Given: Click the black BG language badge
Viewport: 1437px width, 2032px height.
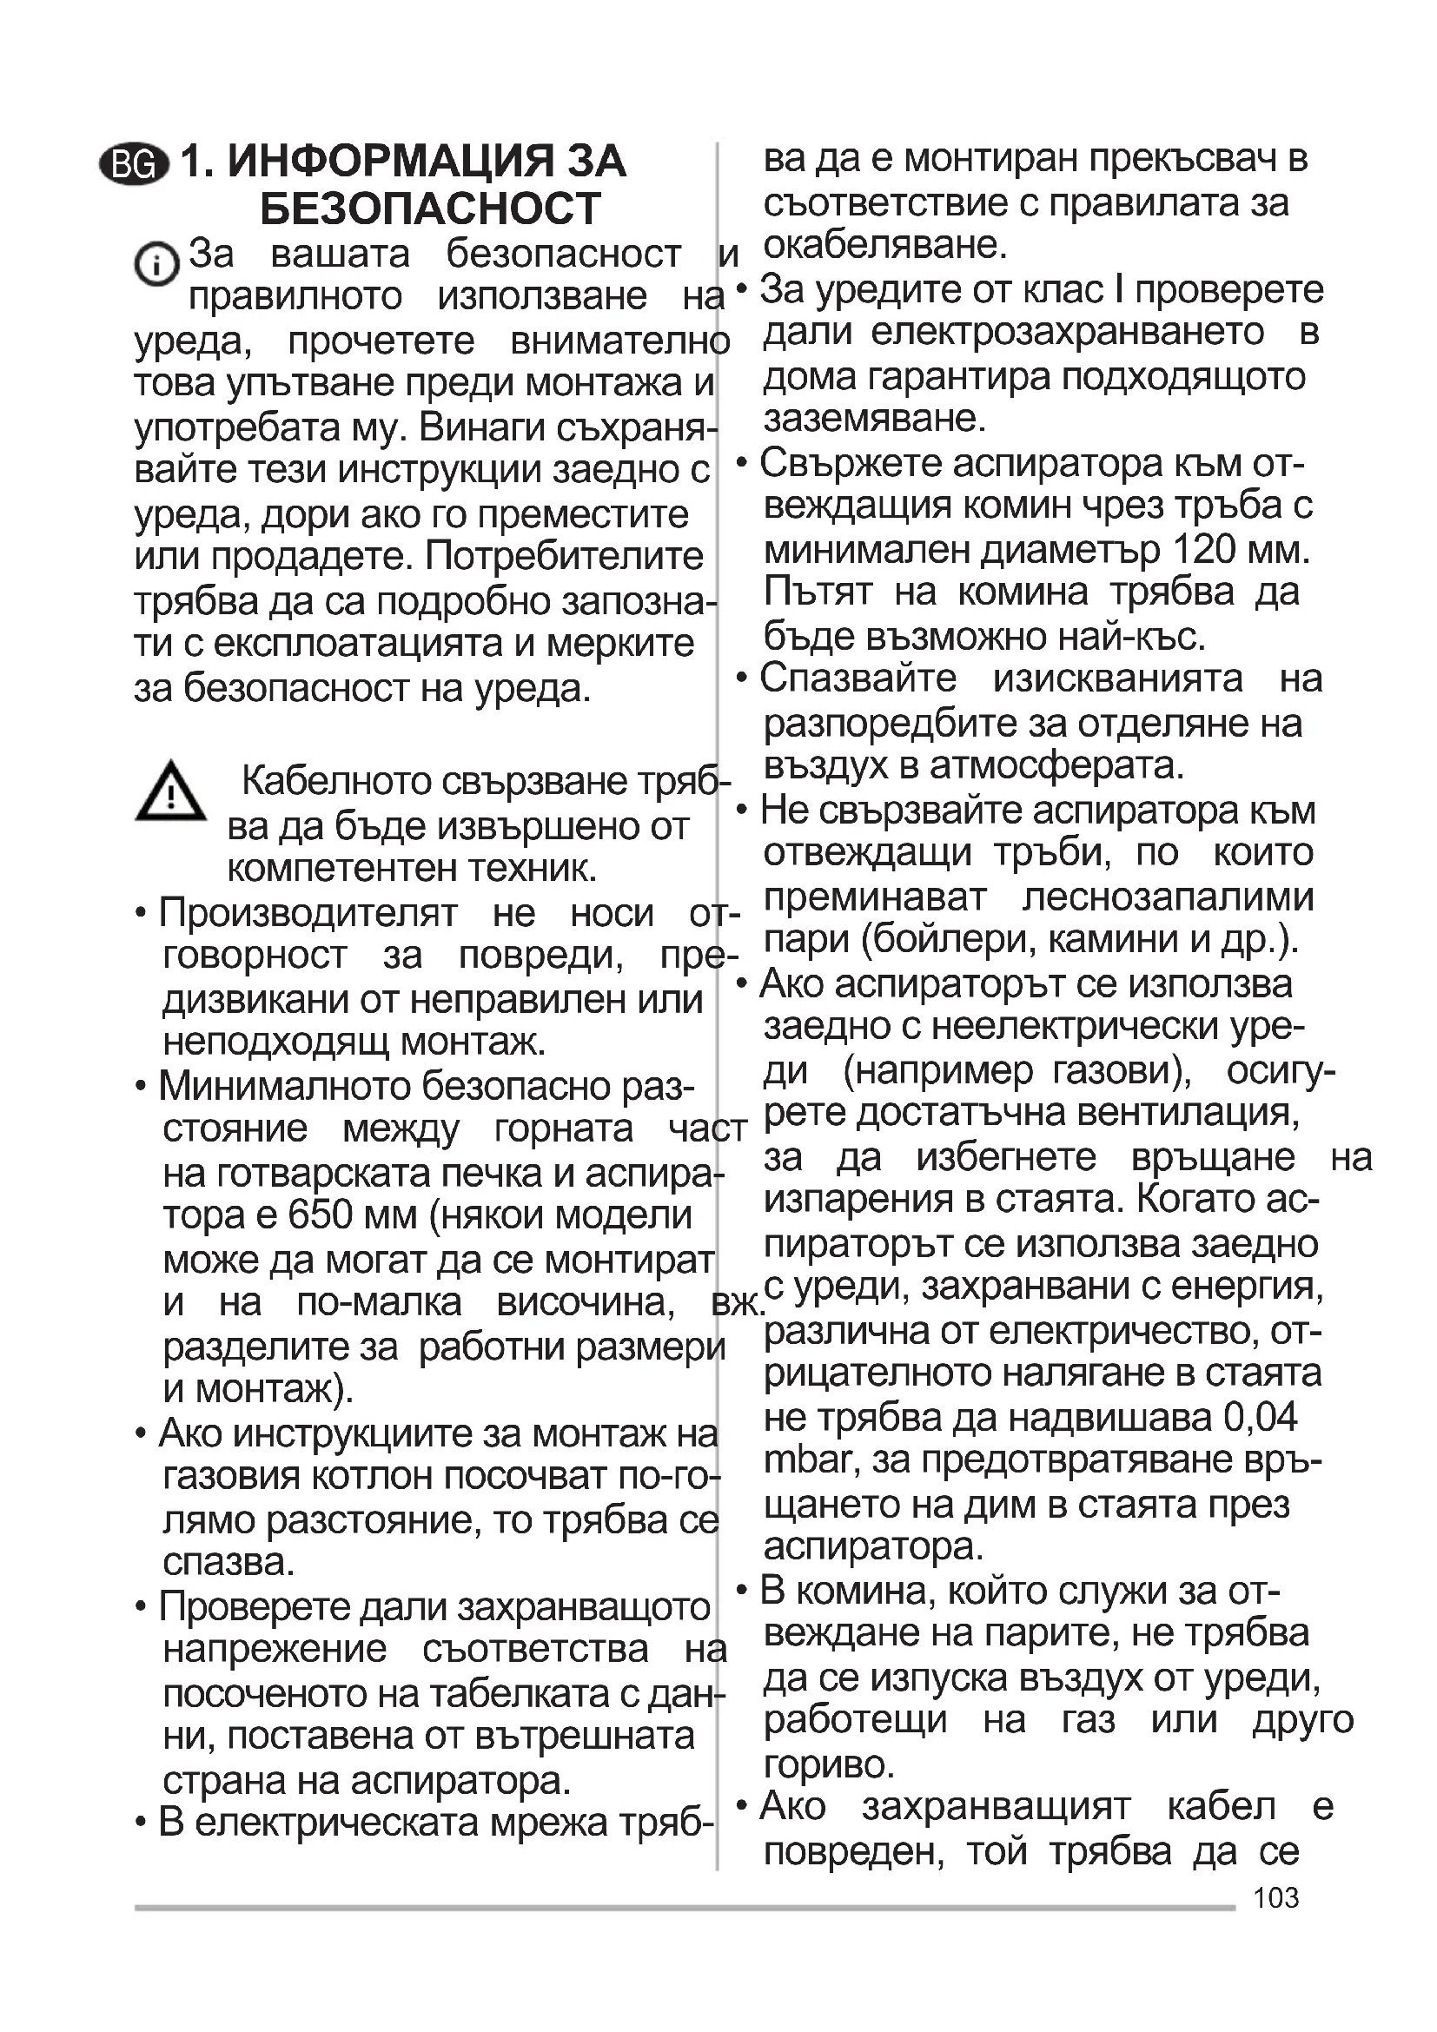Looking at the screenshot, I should pyautogui.click(x=136, y=164).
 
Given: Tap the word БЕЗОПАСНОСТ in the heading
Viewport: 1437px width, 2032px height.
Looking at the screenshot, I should pyautogui.click(x=430, y=208).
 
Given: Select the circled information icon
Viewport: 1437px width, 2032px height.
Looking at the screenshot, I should pyautogui.click(x=156, y=264).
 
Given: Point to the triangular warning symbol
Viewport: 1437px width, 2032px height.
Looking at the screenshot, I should pyautogui.click(x=170, y=792).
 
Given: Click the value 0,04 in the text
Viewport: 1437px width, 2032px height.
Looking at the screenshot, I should pyautogui.click(x=1260, y=1417).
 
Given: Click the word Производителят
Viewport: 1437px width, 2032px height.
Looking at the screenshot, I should pyautogui.click(x=308, y=912).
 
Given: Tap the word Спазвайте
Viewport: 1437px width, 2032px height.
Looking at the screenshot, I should pyautogui.click(x=858, y=678).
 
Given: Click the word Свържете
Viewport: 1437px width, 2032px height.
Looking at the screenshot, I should pyautogui.click(x=851, y=463).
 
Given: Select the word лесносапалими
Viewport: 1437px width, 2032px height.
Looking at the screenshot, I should pyautogui.click(x=1168, y=897).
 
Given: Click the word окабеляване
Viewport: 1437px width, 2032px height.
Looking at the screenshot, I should pyautogui.click(x=884, y=245).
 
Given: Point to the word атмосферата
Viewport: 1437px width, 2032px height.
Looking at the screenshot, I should pyautogui.click(x=1056, y=765).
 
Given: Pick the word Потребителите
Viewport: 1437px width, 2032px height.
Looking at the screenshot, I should pyautogui.click(x=565, y=557).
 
